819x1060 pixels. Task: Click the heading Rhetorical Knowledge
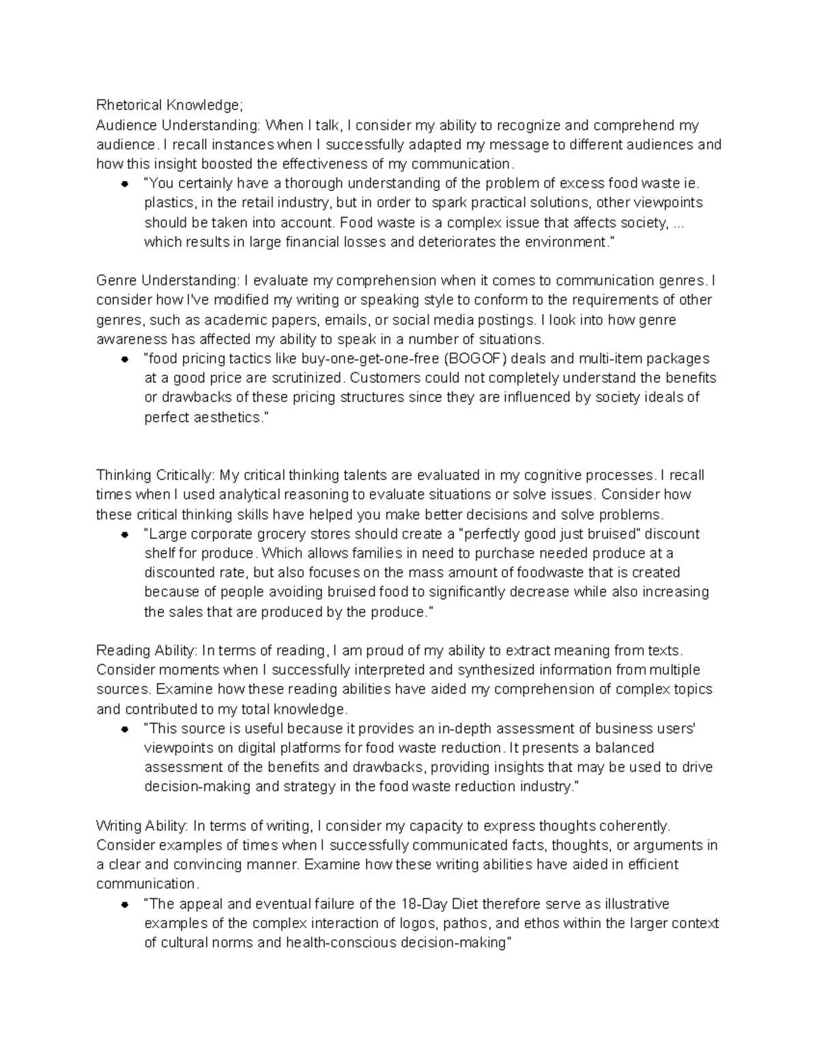169,105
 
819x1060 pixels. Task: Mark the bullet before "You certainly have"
125,184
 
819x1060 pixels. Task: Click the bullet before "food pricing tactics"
125,360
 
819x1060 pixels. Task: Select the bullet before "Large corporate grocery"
125,534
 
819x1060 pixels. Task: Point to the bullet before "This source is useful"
125,730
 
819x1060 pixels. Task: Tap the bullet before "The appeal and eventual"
125,905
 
